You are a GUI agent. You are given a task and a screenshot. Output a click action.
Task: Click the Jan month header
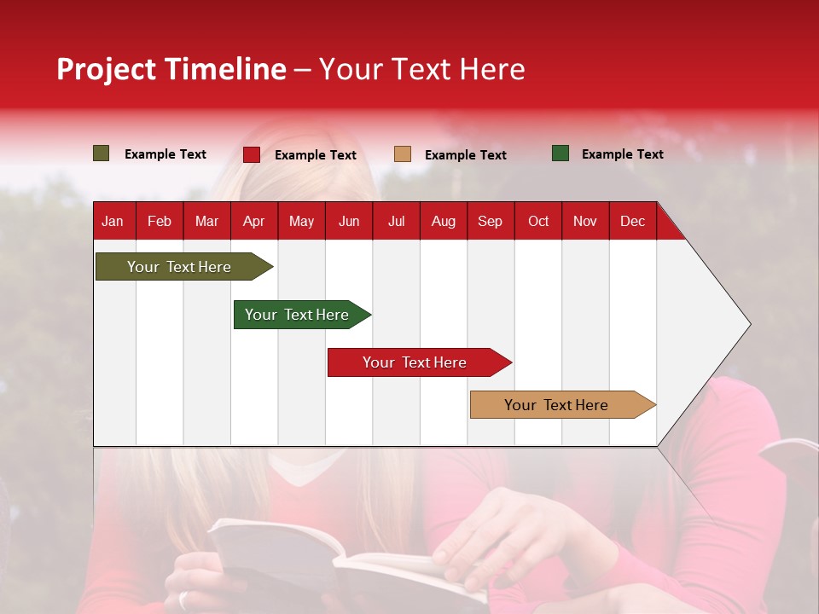[x=113, y=221]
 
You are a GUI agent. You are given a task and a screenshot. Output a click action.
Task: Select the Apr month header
[x=253, y=221]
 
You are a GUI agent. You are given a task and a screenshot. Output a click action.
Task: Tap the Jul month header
[x=396, y=221]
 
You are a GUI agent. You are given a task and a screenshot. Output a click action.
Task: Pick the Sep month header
[x=490, y=221]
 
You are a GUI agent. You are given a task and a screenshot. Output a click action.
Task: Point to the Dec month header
[x=632, y=221]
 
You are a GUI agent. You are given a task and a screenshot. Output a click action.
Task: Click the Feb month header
[x=160, y=221]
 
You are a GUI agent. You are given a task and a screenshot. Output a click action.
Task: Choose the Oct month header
[x=538, y=221]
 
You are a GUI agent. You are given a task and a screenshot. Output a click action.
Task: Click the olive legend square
[x=102, y=153]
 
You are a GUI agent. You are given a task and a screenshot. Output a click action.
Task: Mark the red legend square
[x=252, y=154]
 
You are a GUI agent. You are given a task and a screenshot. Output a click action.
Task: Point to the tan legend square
[x=403, y=153]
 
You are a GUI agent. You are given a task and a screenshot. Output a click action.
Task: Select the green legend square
[x=561, y=153]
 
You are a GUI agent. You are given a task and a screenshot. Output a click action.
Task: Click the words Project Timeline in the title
[x=171, y=69]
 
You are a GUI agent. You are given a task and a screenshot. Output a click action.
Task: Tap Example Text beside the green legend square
[x=622, y=154]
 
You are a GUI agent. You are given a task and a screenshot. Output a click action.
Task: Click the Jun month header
[x=349, y=221]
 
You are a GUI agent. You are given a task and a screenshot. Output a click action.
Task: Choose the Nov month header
[x=585, y=221]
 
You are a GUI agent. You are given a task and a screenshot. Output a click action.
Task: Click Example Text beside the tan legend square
[x=465, y=155]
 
